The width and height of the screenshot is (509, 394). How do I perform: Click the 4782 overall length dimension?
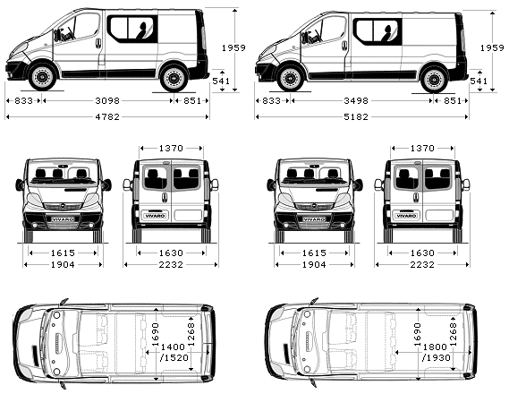107,116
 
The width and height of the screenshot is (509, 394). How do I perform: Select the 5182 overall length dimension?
356,116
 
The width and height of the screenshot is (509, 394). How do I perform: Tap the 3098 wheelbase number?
107,100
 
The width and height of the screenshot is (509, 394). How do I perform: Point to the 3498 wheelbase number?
356,100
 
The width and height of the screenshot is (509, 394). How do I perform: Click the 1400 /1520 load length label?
174,353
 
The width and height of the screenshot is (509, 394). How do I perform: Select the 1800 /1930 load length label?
436,353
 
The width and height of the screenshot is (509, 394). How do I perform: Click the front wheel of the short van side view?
42,77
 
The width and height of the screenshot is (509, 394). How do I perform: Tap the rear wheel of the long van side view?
434,79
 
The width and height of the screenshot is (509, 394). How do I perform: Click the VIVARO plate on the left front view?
63,219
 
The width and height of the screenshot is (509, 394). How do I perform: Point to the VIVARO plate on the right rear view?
406,216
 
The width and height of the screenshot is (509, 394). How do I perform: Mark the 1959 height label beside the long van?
492,47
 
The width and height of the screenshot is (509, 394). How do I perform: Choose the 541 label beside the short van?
221,81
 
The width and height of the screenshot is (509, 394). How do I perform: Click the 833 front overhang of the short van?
23,100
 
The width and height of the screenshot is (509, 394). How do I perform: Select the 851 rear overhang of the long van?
452,100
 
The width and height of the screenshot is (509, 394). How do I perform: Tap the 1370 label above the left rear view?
171,149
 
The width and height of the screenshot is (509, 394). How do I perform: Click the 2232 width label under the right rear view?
422,265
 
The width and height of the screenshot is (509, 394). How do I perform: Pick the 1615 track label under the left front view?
63,253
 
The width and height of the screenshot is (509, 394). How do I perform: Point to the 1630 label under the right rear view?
422,253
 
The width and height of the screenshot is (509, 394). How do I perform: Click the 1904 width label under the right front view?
314,265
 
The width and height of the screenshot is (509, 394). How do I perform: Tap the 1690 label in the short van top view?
157,335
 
